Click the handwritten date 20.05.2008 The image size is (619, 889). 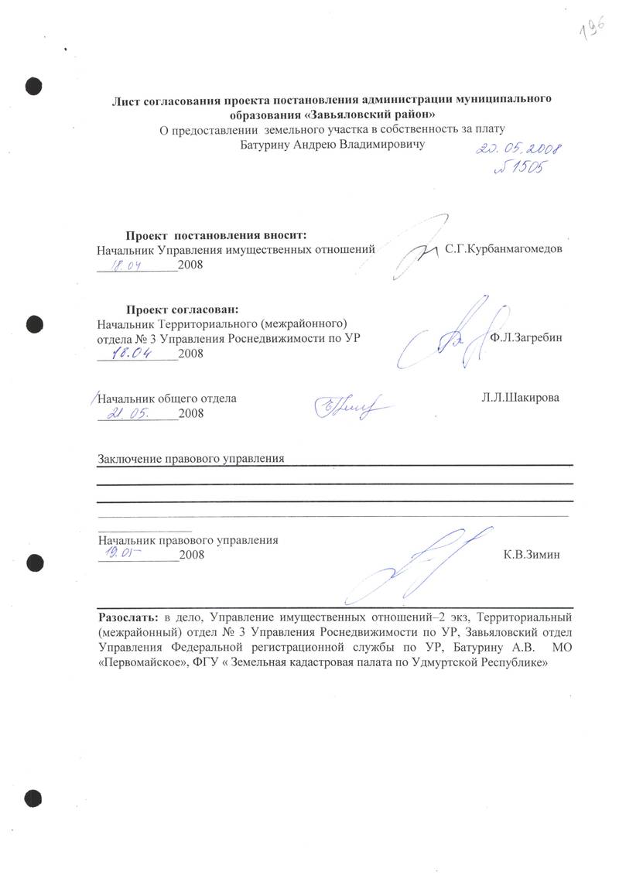(x=518, y=149)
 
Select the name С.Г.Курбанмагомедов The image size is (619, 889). (x=503, y=250)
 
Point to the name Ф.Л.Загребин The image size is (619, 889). (x=527, y=338)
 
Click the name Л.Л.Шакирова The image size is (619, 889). (x=519, y=398)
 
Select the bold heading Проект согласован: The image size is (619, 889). (x=178, y=309)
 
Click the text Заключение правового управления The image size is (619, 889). (x=191, y=458)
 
